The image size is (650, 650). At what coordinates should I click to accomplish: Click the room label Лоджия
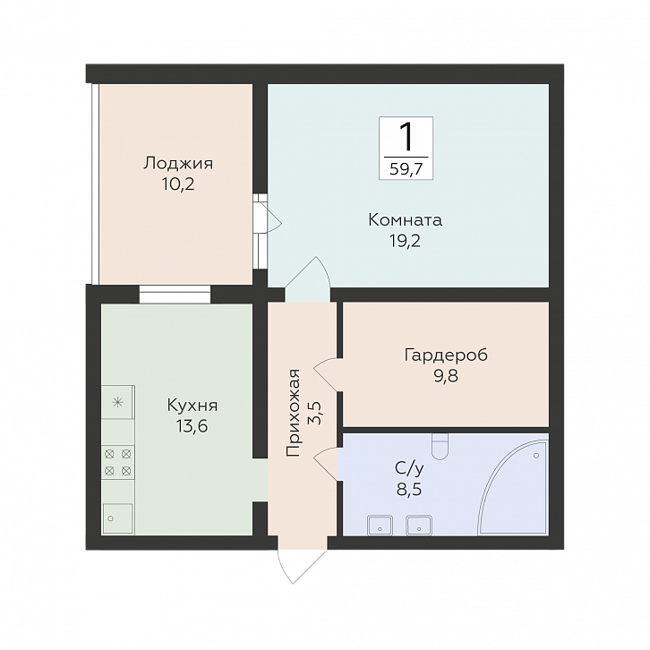tap(178, 163)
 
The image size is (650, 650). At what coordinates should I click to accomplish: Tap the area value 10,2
tap(178, 184)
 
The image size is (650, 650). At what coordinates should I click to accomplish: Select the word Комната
tap(406, 219)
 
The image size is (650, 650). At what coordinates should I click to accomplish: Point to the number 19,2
tap(405, 241)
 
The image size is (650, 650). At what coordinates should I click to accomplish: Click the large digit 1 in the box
tap(406, 137)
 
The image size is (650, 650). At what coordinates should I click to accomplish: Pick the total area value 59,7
tap(406, 169)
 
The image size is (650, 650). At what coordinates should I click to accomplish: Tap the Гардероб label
tap(446, 355)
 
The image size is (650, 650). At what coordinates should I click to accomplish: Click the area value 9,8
tap(446, 376)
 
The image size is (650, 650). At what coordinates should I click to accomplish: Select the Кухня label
tap(192, 406)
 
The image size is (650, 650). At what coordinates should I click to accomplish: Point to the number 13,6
tap(192, 426)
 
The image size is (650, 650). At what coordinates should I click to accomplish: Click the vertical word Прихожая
tap(293, 413)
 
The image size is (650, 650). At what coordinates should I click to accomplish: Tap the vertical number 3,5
tap(316, 413)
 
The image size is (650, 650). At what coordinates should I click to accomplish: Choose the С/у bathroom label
tap(409, 469)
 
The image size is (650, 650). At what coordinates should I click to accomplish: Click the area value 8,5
tap(409, 490)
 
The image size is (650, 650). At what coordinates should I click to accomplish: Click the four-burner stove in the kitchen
tap(118, 462)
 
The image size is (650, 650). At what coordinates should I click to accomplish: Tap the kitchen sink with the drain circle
tap(117, 518)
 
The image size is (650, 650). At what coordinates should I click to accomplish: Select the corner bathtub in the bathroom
tap(513, 488)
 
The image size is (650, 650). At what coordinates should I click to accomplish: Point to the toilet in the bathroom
tap(440, 446)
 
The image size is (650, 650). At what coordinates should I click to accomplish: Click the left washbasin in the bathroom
tap(380, 525)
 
